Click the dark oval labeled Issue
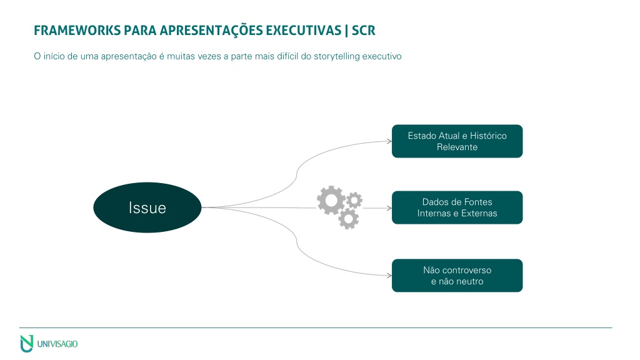pyautogui.click(x=147, y=207)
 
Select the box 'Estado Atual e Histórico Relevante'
pyautogui.click(x=457, y=141)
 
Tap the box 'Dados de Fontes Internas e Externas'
pyautogui.click(x=457, y=207)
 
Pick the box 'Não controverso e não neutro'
pyautogui.click(x=457, y=276)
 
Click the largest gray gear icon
pyautogui.click(x=331, y=201)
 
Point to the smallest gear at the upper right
pyautogui.click(x=354, y=200)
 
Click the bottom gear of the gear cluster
pyautogui.click(x=349, y=219)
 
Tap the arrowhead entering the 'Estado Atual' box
pyautogui.click(x=389, y=141)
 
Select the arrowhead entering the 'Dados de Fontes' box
pyautogui.click(x=389, y=208)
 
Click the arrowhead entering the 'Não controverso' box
pyautogui.click(x=389, y=276)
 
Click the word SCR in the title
pyautogui.click(x=363, y=31)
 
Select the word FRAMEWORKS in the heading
pyautogui.click(x=77, y=31)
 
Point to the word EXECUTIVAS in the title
pyautogui.click(x=304, y=31)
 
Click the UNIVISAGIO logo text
pyautogui.click(x=57, y=344)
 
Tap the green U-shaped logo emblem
pyautogui.click(x=26, y=344)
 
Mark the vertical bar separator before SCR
pyautogui.click(x=346, y=31)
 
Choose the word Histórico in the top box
pyautogui.click(x=488, y=136)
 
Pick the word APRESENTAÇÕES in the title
pyautogui.click(x=211, y=31)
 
